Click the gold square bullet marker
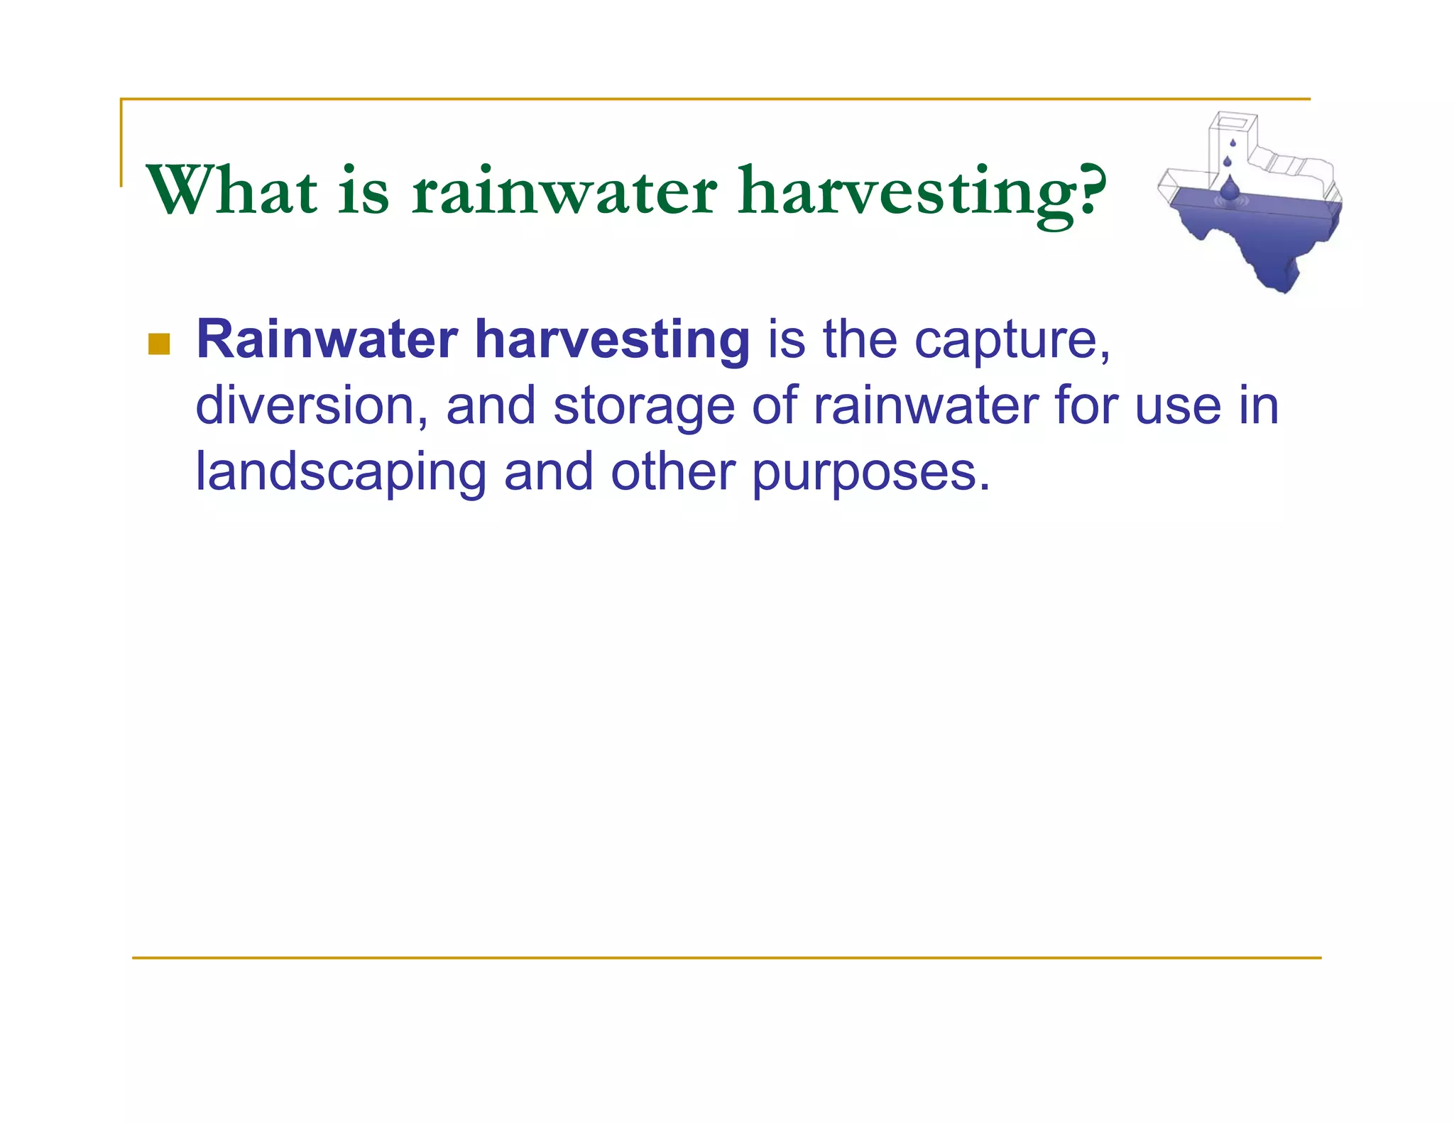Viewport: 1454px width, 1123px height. click(159, 344)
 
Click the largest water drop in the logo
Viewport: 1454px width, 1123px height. click(1230, 187)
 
